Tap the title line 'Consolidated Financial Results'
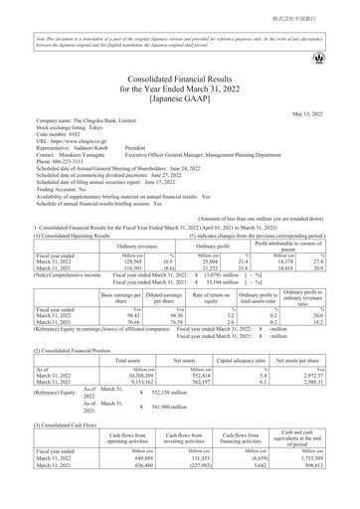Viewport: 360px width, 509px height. point(180,77)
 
